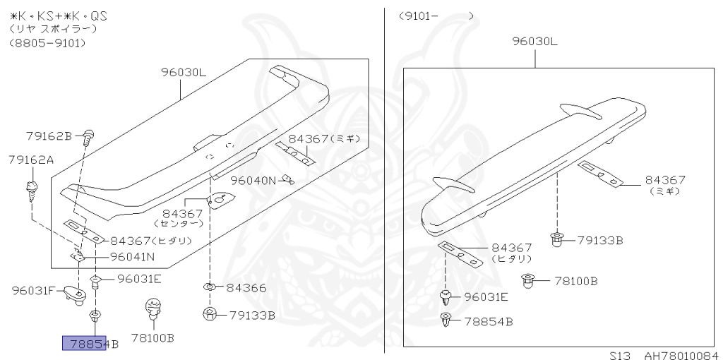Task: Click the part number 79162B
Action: (x=49, y=136)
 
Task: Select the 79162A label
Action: (x=31, y=160)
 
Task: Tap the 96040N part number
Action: (x=253, y=180)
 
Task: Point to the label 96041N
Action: (x=132, y=257)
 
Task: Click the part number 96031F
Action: (x=34, y=291)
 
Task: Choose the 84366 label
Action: (x=246, y=288)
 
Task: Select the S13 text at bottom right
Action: (x=620, y=355)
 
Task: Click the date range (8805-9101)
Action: (x=47, y=43)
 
